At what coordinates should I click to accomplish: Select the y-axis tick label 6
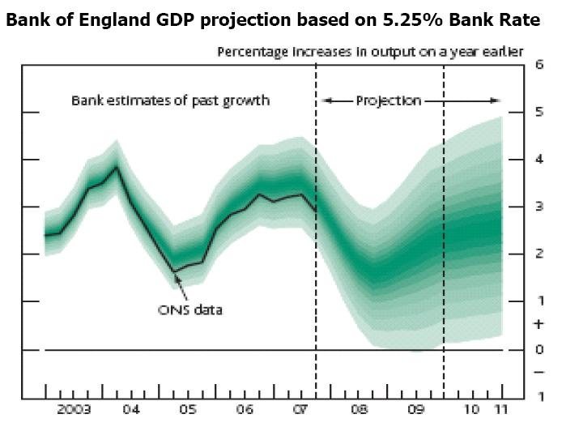point(539,65)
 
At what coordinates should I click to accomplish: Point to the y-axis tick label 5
point(539,113)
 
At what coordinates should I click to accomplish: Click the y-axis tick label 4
point(539,160)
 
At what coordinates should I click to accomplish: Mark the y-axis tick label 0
point(539,349)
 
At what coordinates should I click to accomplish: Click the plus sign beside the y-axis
point(539,324)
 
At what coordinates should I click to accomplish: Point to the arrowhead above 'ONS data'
point(177,276)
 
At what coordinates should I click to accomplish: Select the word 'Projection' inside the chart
point(389,101)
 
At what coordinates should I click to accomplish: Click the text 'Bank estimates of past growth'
point(170,101)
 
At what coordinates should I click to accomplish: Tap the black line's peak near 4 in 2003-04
point(117,167)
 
